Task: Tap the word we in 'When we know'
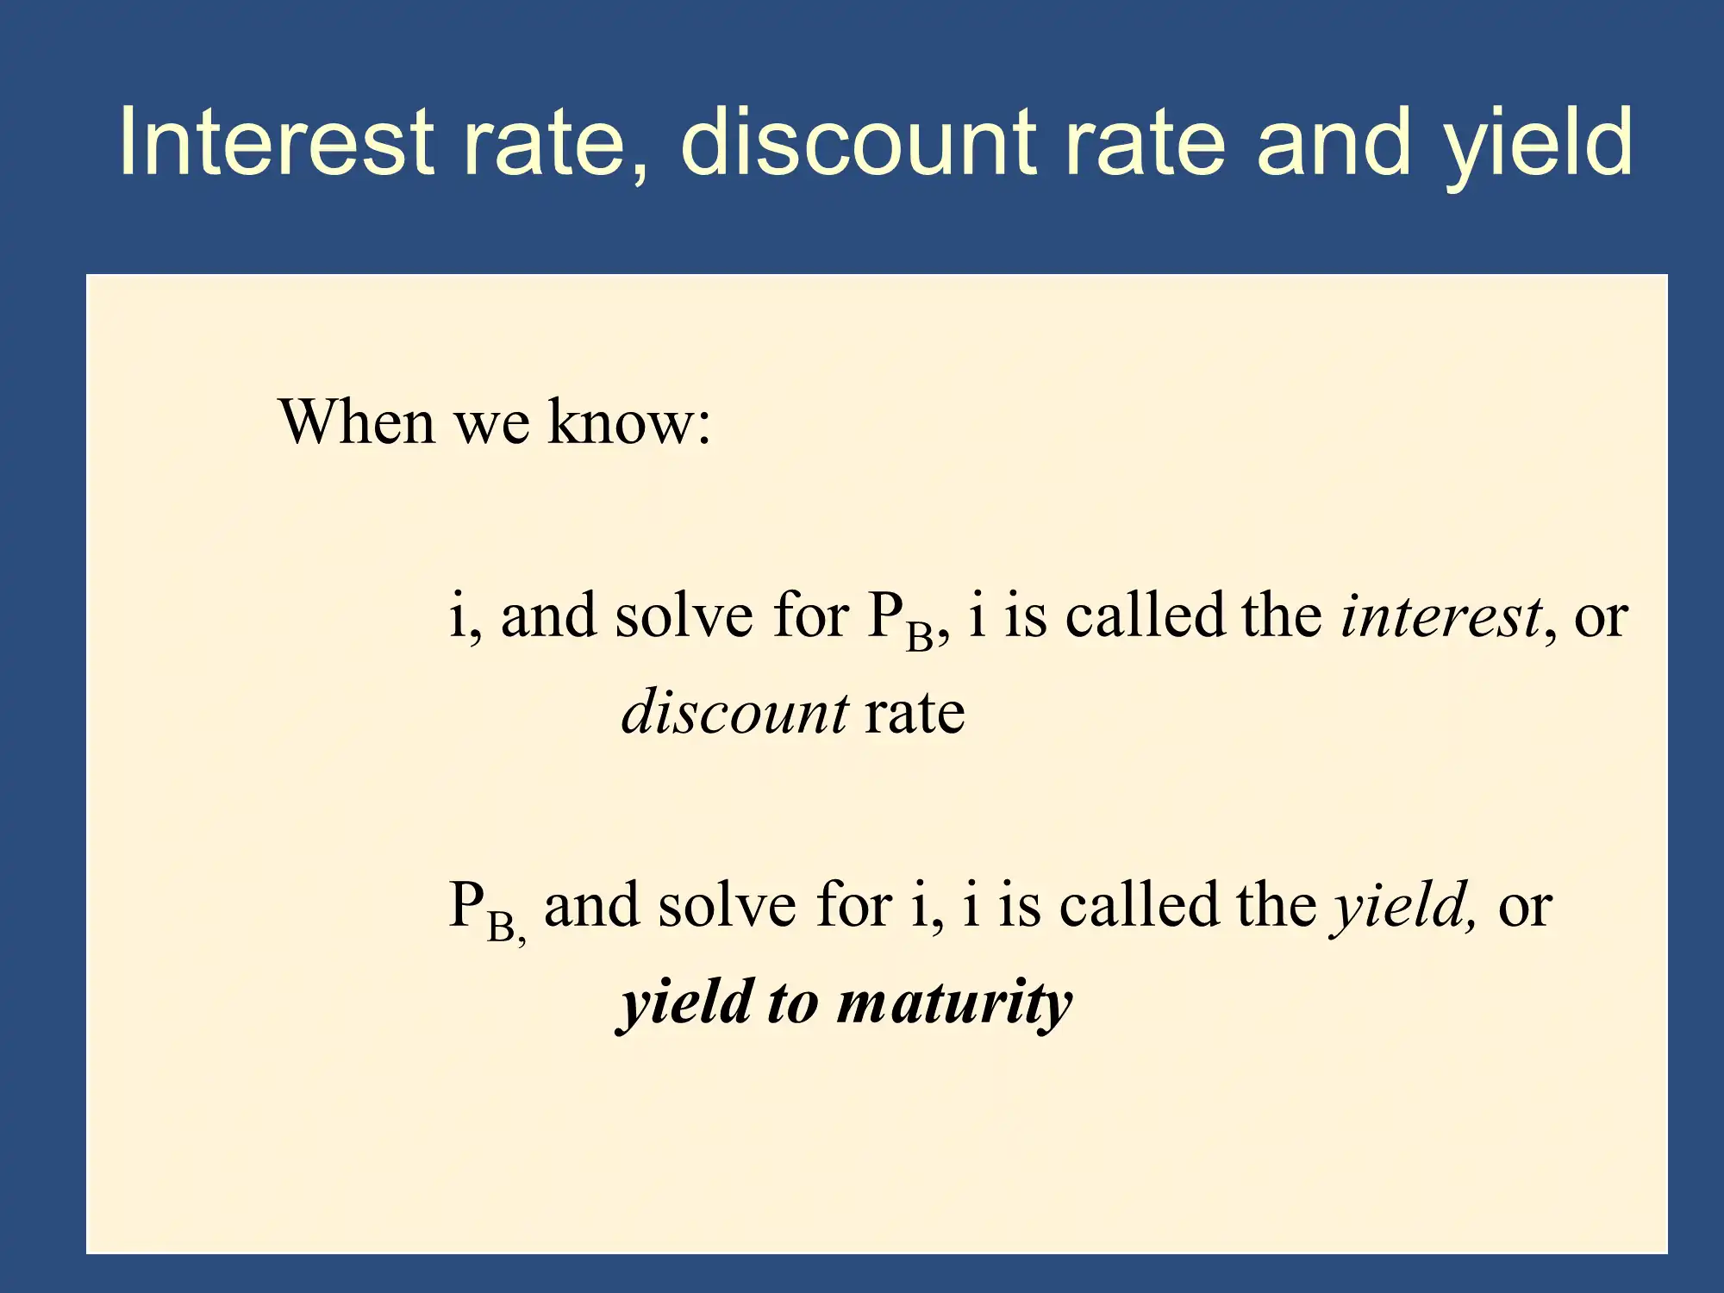[x=491, y=428]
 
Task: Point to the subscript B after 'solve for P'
[x=919, y=637]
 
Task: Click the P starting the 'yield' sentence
[x=466, y=904]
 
